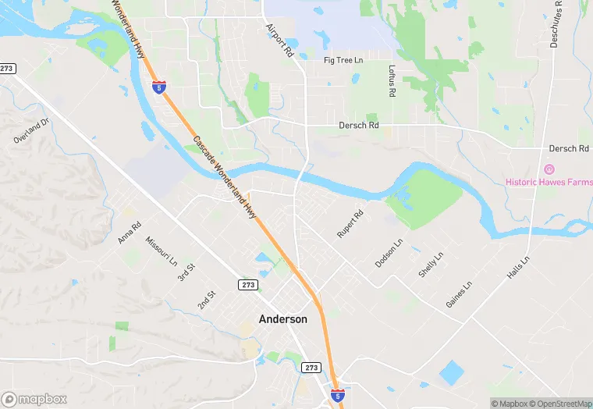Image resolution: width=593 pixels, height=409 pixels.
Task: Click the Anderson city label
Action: pyautogui.click(x=282, y=319)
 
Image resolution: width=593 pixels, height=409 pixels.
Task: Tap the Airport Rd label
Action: pyautogui.click(x=279, y=41)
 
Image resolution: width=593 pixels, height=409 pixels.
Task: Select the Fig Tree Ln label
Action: pyautogui.click(x=344, y=60)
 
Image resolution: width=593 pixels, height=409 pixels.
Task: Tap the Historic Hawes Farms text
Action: pyautogui.click(x=549, y=182)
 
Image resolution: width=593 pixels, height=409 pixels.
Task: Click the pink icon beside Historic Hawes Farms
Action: pyautogui.click(x=549, y=169)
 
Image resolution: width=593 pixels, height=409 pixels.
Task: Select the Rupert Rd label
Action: pyautogui.click(x=350, y=224)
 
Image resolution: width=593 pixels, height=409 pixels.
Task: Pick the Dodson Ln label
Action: pyautogui.click(x=389, y=253)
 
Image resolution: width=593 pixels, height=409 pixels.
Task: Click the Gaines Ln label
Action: pyautogui.click(x=459, y=294)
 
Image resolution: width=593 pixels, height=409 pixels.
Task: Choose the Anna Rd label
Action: pyautogui.click(x=130, y=233)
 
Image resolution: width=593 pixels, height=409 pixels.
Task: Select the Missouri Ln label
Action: pyautogui.click(x=162, y=251)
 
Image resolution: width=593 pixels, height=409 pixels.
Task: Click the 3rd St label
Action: pyautogui.click(x=184, y=272)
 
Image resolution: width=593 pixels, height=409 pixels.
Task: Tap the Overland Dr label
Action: pyautogui.click(x=31, y=130)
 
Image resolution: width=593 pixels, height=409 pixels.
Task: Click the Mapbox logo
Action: pyautogui.click(x=34, y=398)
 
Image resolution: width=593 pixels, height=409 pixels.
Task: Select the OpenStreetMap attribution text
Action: pyautogui.click(x=559, y=404)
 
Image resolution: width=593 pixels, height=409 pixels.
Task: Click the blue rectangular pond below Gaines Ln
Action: pyautogui.click(x=452, y=373)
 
